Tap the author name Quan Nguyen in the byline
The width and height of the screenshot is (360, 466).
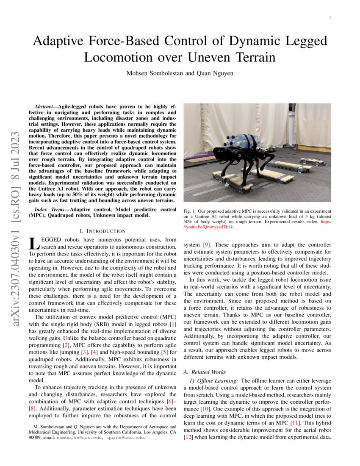pos(214,73)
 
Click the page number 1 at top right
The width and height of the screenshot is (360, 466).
pos(330,17)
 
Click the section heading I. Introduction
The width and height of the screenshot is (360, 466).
pos(102,231)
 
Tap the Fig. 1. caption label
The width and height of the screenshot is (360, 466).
pos(188,211)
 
